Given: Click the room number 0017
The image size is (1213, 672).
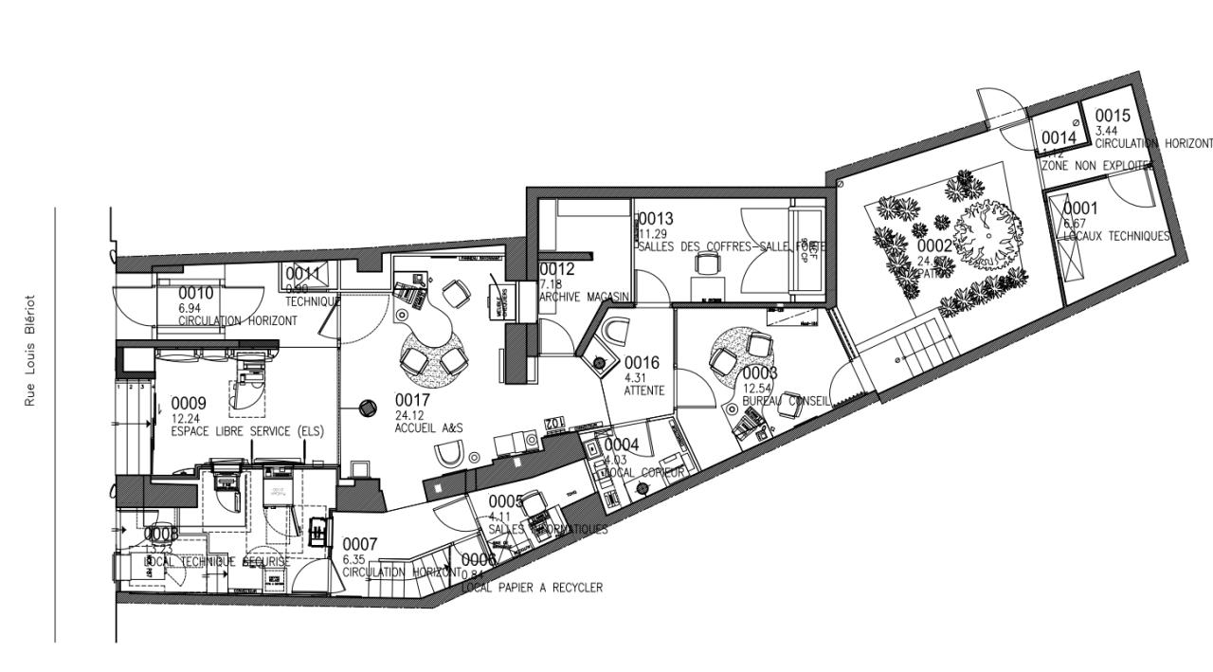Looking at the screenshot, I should click(x=412, y=401).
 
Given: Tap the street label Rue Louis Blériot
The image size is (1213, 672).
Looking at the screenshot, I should click(x=30, y=350).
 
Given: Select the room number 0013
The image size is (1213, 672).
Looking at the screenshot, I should click(x=656, y=220).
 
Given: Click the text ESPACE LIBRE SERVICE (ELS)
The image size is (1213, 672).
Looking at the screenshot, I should click(x=247, y=431).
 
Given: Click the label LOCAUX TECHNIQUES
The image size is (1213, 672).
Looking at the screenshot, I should click(x=1116, y=236).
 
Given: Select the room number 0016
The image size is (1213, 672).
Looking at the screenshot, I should click(x=642, y=363).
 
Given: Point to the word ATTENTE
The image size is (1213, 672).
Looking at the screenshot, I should click(x=644, y=390).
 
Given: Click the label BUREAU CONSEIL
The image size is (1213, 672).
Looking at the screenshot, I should click(x=787, y=401).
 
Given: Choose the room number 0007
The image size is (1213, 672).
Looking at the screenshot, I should click(x=360, y=545).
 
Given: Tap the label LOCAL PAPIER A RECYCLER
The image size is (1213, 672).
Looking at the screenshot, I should click(x=532, y=588).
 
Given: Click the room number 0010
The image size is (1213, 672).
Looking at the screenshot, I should click(x=196, y=293).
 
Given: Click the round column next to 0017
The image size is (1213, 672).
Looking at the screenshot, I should click(x=367, y=408).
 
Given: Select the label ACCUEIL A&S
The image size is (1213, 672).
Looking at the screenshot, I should click(x=428, y=428).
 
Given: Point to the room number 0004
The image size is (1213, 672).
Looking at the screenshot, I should click(x=622, y=445).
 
